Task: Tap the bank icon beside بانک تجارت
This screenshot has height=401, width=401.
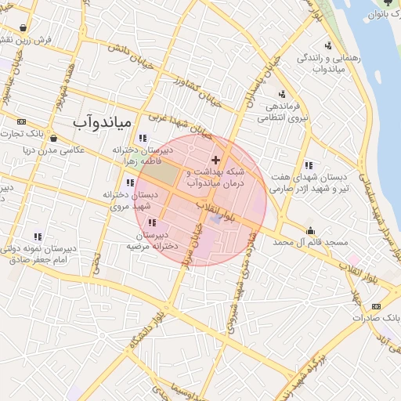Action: tap(21, 121)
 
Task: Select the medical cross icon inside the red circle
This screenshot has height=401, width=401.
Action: tap(216, 159)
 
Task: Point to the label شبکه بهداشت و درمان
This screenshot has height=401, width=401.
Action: tap(216, 175)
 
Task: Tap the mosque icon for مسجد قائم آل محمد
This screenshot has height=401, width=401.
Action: tap(311, 230)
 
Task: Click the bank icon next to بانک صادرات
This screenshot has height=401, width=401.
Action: tap(377, 306)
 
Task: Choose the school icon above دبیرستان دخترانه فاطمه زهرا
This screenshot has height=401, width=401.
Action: tap(142, 139)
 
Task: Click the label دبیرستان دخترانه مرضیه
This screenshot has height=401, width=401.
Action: tap(153, 240)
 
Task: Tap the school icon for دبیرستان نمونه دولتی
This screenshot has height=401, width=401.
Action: tap(37, 236)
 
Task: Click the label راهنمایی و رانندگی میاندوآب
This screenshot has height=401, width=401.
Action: tap(323, 63)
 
